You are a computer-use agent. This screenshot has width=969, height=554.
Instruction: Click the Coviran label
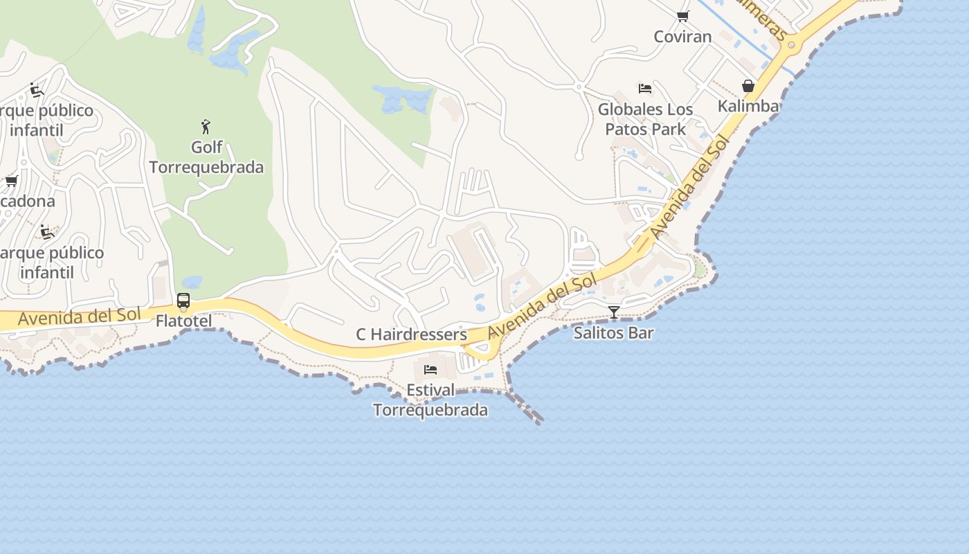[x=682, y=37]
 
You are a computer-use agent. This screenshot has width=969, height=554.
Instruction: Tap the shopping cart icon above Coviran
[x=683, y=17]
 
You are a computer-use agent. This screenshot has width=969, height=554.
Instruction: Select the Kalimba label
[x=748, y=106]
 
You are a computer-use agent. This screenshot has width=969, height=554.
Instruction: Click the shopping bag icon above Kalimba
[x=748, y=86]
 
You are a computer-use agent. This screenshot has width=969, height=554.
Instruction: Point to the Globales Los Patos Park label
[x=645, y=119]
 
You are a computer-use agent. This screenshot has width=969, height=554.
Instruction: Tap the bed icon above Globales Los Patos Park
[x=645, y=89]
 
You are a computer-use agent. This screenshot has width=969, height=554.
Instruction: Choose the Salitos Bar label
[x=613, y=333]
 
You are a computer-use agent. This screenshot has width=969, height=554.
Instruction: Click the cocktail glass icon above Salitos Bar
[x=613, y=312]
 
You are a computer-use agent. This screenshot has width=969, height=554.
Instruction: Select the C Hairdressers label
[x=411, y=334]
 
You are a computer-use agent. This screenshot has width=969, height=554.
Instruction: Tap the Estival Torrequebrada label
[x=431, y=400]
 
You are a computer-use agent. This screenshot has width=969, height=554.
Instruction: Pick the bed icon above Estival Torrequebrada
[x=431, y=369]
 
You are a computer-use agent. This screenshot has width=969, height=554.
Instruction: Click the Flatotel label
[x=183, y=321]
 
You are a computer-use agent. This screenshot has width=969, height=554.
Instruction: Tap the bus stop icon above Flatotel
[x=183, y=301]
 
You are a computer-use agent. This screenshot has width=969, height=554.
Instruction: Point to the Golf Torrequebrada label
[x=206, y=157]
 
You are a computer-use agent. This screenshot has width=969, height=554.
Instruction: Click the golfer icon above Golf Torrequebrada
[x=206, y=127]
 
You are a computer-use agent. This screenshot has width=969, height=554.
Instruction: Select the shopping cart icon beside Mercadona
[x=11, y=181]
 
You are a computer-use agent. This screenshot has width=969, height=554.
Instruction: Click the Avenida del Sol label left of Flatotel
[x=80, y=317]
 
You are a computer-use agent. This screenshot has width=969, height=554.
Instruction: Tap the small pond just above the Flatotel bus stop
[x=191, y=283]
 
